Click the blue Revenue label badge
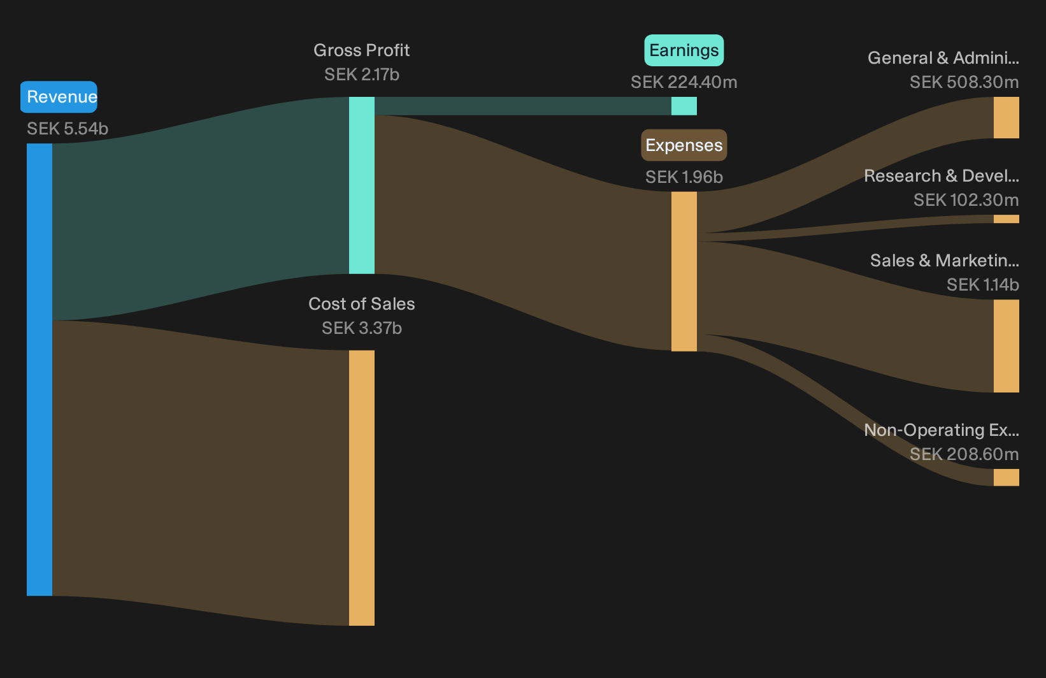point(59,97)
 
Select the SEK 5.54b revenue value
point(68,129)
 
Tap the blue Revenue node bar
point(39,369)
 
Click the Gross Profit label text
point(361,50)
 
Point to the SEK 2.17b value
point(362,75)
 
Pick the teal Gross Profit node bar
point(362,185)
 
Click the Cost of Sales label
point(361,304)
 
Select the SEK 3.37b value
point(362,328)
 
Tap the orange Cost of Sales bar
point(362,488)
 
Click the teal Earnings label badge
point(684,50)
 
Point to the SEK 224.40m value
point(684,82)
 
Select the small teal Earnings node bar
point(684,106)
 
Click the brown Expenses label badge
point(684,145)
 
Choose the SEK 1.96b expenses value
point(684,177)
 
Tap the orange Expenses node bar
point(684,271)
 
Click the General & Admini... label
point(943,57)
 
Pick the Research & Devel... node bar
point(1007,219)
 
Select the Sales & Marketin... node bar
point(1007,346)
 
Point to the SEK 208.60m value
point(964,454)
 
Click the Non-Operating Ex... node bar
point(1007,477)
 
